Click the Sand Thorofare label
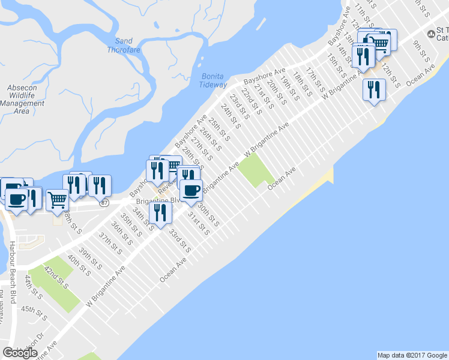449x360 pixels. [x=124, y=45]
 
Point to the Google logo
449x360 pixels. [x=20, y=353]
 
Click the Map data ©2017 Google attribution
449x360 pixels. [x=412, y=355]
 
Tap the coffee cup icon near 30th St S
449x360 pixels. [x=191, y=191]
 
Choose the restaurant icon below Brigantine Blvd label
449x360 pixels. [x=160, y=212]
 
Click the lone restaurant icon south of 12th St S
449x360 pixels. [x=374, y=90]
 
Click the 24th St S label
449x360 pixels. [x=230, y=117]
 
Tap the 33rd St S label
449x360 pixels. [x=179, y=240]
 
